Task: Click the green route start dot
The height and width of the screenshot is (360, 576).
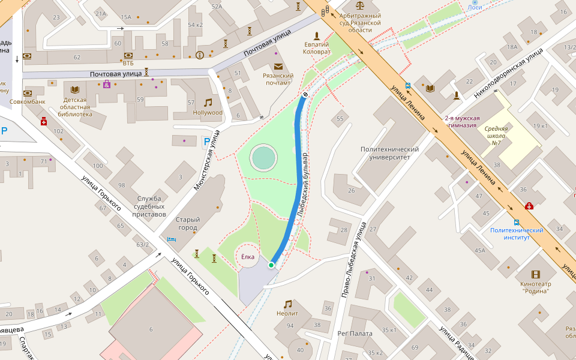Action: tap(271, 265)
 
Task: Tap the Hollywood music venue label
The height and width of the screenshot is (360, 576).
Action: tap(208, 112)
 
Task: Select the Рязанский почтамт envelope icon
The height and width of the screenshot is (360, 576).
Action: tap(278, 67)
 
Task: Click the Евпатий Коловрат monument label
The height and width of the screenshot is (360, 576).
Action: tap(316, 48)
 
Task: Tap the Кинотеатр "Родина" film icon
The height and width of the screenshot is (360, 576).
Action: tap(535, 274)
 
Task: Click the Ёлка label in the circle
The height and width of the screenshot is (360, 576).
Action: tap(248, 257)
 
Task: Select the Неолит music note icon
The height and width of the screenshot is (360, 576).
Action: tap(287, 304)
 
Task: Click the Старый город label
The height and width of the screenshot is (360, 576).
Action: tap(187, 223)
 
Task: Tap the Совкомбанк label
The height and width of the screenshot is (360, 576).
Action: tap(27, 101)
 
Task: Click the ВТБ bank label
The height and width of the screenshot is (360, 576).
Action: tap(128, 63)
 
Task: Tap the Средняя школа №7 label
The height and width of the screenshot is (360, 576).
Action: tap(496, 135)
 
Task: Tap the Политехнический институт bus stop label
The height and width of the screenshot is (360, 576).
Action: tap(517, 233)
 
